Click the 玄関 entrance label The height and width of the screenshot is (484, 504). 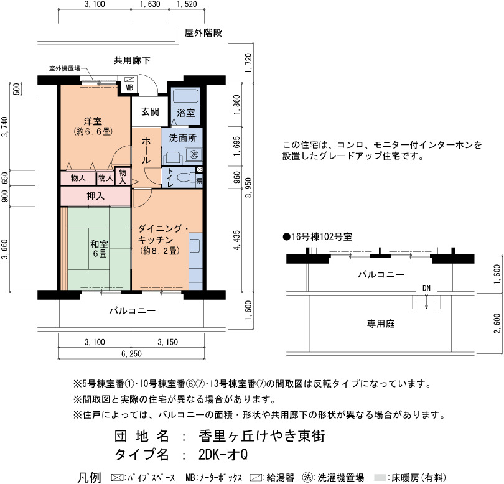[x=150, y=112]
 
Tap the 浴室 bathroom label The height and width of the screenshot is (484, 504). [x=186, y=113]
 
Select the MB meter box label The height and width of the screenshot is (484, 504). [x=129, y=88]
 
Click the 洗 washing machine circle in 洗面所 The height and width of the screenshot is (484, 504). [x=194, y=154]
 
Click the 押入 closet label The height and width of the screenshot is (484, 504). [x=95, y=196]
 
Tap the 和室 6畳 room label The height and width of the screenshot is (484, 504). [x=100, y=249]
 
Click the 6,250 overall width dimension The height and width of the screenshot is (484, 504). [x=131, y=354]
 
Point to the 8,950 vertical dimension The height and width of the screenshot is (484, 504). [x=248, y=187]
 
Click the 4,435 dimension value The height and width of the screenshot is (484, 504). [x=237, y=240]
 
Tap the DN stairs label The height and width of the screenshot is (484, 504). [x=426, y=288]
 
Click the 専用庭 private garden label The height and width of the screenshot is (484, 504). [x=381, y=323]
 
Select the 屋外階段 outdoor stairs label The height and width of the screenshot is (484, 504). [x=203, y=33]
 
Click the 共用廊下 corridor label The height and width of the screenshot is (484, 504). [x=132, y=60]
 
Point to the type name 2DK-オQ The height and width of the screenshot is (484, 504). [x=223, y=454]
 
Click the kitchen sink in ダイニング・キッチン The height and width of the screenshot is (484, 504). [x=195, y=246]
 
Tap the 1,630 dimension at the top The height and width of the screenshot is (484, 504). [x=150, y=4]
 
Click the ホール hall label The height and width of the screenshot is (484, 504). [x=146, y=151]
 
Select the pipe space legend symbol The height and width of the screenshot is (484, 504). [x=117, y=478]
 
